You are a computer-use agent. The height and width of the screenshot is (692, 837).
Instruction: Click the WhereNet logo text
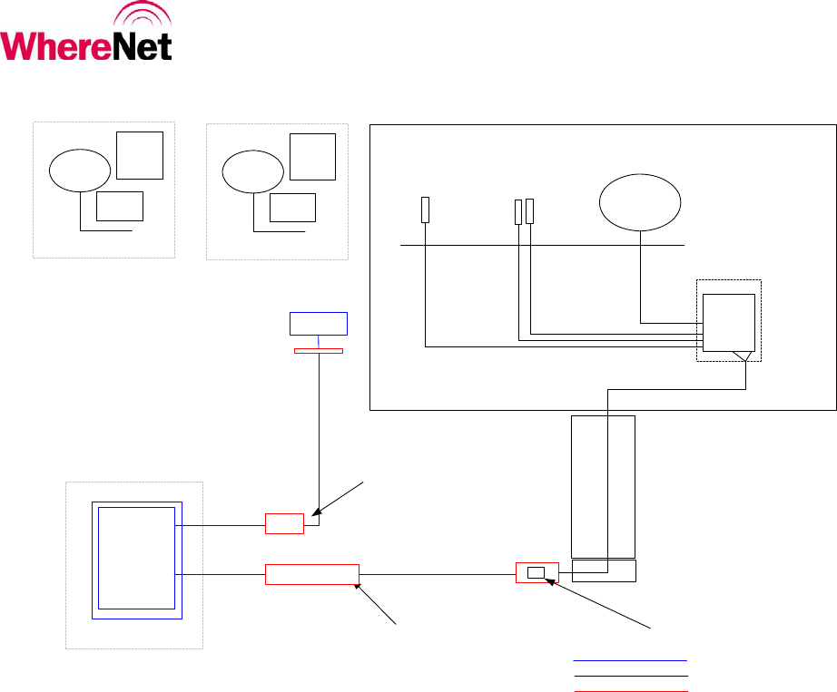pyautogui.click(x=87, y=45)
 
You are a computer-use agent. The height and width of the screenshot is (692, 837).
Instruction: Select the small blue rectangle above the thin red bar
pyautogui.click(x=318, y=324)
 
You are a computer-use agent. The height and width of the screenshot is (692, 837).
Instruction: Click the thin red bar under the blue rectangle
pyautogui.click(x=318, y=350)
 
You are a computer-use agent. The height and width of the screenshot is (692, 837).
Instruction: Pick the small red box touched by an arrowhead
pyautogui.click(x=284, y=524)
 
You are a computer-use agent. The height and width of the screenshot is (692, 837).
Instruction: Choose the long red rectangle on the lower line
pyautogui.click(x=311, y=574)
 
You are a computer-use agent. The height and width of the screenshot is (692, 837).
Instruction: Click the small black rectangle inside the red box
pyautogui.click(x=537, y=572)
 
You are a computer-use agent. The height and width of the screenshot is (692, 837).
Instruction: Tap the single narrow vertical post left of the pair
pyautogui.click(x=425, y=210)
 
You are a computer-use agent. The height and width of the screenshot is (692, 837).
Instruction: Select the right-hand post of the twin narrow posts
pyautogui.click(x=529, y=211)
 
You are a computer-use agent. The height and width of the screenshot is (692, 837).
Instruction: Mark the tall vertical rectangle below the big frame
pyautogui.click(x=602, y=486)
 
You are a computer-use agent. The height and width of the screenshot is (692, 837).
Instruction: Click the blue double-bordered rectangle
pyautogui.click(x=138, y=559)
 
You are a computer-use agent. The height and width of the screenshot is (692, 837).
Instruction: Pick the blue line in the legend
pyautogui.click(x=631, y=660)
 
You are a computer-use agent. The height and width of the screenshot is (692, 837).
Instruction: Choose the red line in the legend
pyautogui.click(x=631, y=690)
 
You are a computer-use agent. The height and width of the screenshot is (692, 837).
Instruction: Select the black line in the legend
pyautogui.click(x=631, y=676)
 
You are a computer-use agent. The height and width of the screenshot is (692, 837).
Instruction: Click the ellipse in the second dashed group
pyautogui.click(x=252, y=171)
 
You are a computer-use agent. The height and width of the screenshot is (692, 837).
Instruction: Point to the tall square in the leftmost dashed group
pyautogui.click(x=140, y=155)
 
